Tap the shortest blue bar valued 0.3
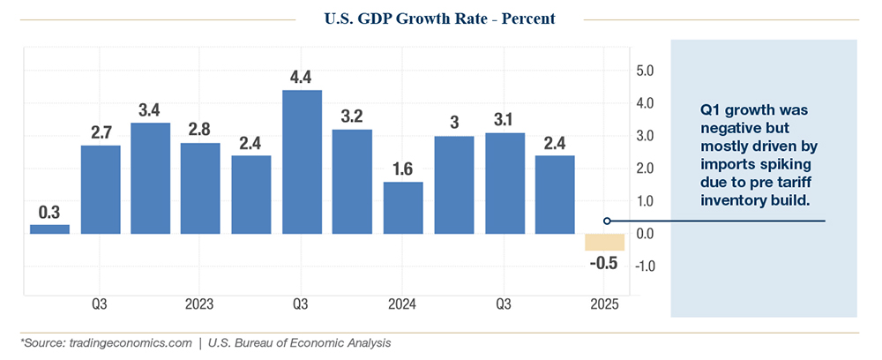[49, 229]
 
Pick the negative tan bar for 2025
[604, 242]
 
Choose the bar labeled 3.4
[150, 178]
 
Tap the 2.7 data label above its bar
[100, 132]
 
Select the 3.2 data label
[352, 116]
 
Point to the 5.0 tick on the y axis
[645, 71]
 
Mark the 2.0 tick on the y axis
[645, 169]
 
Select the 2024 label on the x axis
[402, 304]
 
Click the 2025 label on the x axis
[604, 304]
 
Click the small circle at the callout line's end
[607, 221]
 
